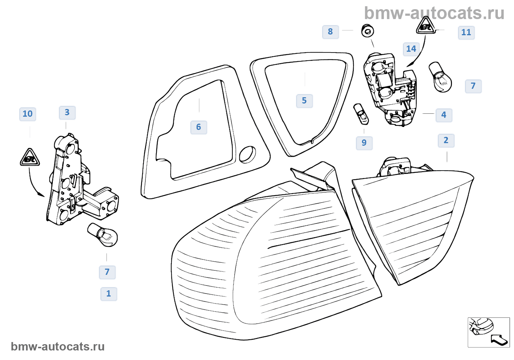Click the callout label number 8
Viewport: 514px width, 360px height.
tap(330, 32)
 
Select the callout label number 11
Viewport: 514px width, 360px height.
tap(466, 33)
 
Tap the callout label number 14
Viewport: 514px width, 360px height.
tap(411, 49)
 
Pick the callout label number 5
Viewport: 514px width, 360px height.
tap(304, 101)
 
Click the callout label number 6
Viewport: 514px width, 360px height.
tap(199, 127)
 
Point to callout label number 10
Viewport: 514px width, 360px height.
tap(28, 114)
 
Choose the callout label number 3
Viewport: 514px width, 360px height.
tap(67, 113)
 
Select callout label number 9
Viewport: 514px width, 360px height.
tap(364, 143)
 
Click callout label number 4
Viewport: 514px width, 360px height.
tap(444, 115)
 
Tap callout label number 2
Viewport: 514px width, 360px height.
tap(446, 141)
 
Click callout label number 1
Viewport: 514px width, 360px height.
tap(109, 294)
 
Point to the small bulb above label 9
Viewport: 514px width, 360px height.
tap(361, 114)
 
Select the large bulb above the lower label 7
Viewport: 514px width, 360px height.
tap(103, 234)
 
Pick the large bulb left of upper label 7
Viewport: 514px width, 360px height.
tap(440, 77)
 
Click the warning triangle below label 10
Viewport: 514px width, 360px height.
tap(30, 158)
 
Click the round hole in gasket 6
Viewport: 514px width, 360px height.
tap(247, 154)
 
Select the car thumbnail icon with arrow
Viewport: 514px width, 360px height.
tap(488, 332)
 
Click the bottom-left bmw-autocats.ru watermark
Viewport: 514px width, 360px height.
tap(58, 347)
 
